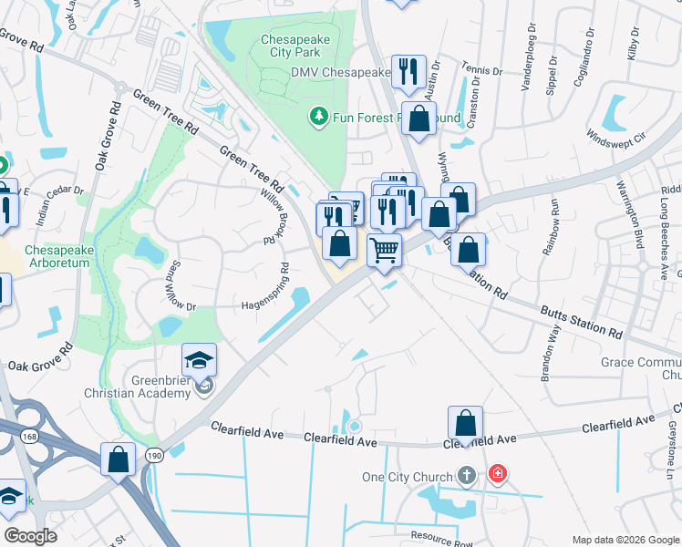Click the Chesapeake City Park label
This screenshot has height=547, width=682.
(297, 47)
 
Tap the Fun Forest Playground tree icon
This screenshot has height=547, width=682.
(318, 116)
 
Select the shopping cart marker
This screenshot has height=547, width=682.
(385, 249)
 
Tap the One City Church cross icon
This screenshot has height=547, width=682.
(466, 475)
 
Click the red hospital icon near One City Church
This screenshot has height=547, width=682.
(497, 473)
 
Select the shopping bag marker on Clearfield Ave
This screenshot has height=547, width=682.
(465, 423)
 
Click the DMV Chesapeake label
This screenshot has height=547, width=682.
(340, 72)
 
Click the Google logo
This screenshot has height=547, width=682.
(30, 536)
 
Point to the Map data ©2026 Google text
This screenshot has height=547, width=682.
(625, 540)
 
